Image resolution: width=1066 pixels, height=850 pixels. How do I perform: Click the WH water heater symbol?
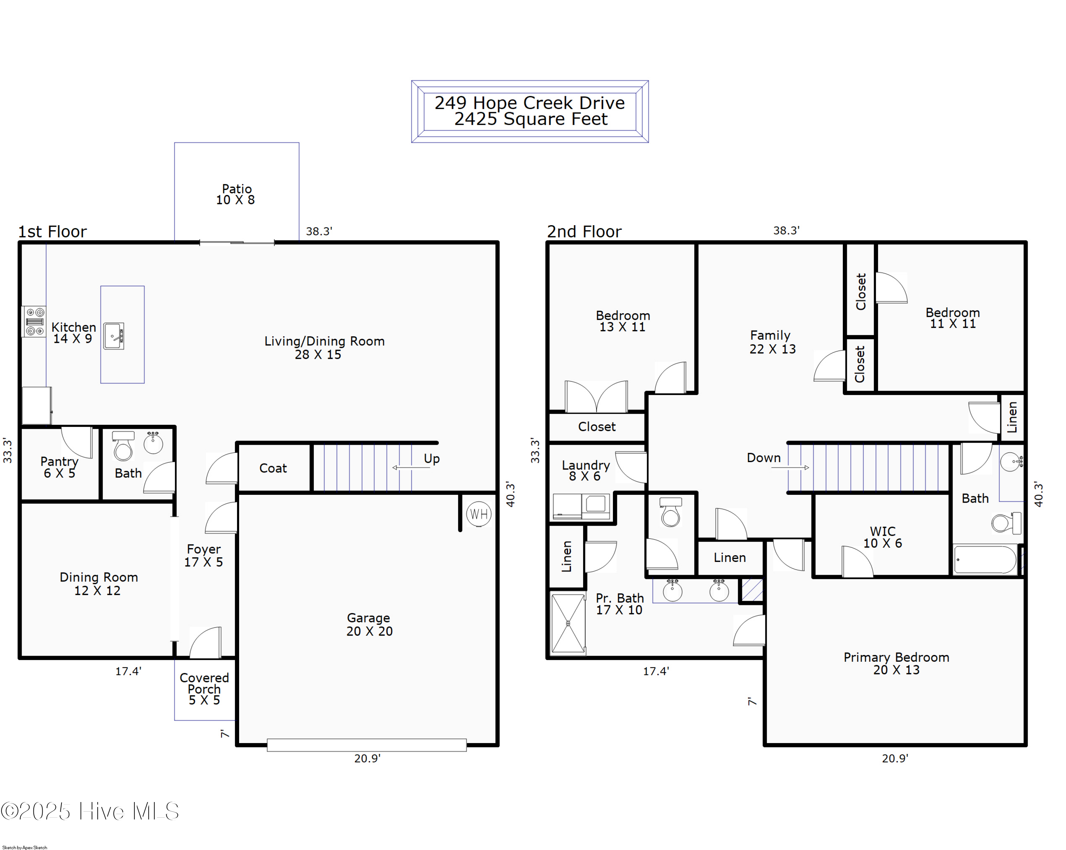point(478,514)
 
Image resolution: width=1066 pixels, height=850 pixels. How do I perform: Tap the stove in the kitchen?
point(34,322)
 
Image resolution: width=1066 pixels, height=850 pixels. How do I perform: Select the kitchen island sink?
point(114,336)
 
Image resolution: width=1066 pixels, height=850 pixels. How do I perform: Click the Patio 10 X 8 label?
point(236,194)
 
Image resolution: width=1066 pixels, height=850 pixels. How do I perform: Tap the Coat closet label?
point(273,468)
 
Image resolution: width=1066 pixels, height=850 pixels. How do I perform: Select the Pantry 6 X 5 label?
point(59,467)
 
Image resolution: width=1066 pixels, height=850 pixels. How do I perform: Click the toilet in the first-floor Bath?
point(123,447)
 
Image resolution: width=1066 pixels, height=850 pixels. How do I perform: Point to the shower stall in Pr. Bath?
point(568,624)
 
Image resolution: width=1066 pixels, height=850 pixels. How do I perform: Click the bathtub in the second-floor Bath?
point(985,559)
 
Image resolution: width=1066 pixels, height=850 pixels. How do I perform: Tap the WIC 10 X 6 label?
point(883,537)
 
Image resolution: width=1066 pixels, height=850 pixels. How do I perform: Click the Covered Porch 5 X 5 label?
point(204,688)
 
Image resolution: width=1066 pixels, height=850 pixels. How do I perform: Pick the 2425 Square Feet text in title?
point(531,119)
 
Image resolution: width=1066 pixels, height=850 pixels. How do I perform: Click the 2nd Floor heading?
point(584,231)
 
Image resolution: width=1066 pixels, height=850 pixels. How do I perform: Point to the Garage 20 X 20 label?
point(369,624)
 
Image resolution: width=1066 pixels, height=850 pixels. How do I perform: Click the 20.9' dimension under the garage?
point(367,758)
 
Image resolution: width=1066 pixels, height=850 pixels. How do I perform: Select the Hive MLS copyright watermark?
point(90,811)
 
